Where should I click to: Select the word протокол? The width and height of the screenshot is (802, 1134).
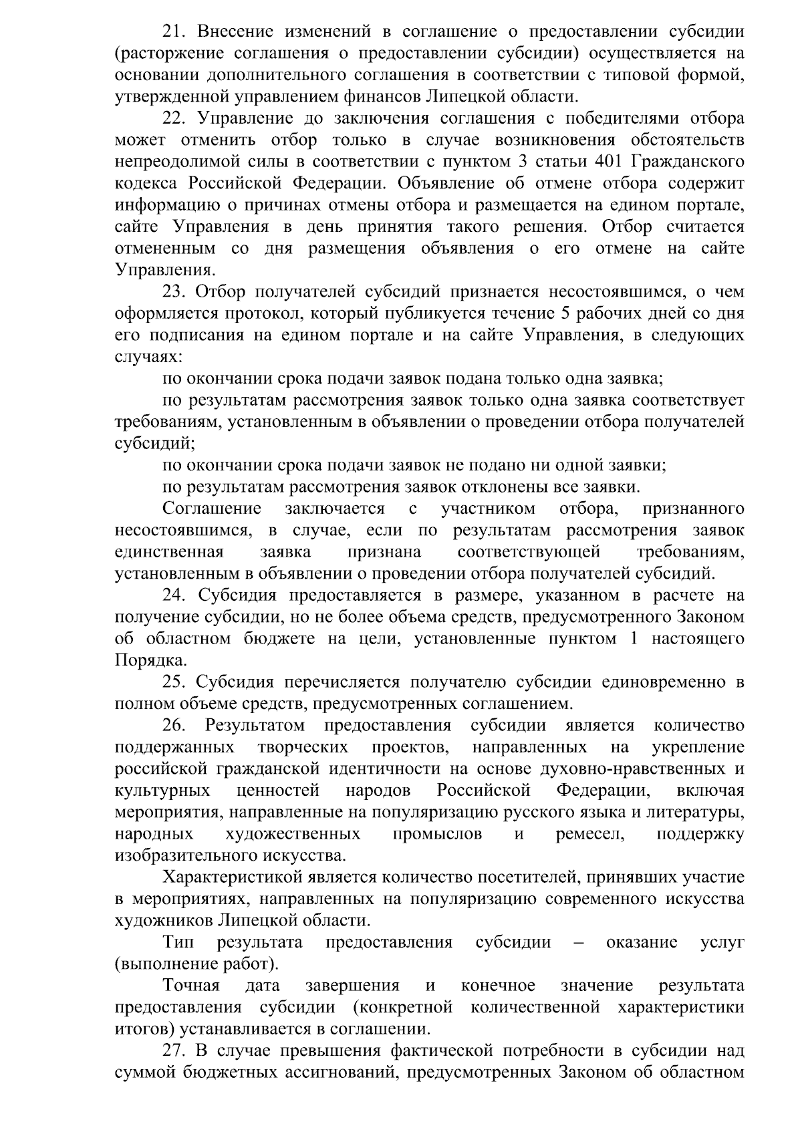[231, 313]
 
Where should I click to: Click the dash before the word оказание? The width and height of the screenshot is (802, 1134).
[579, 942]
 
